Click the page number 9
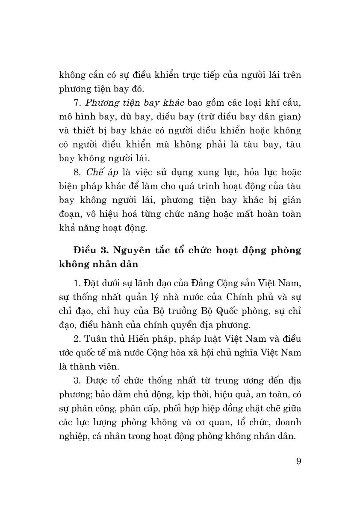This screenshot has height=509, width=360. click(x=298, y=462)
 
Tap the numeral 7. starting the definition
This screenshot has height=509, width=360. click(x=77, y=103)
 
